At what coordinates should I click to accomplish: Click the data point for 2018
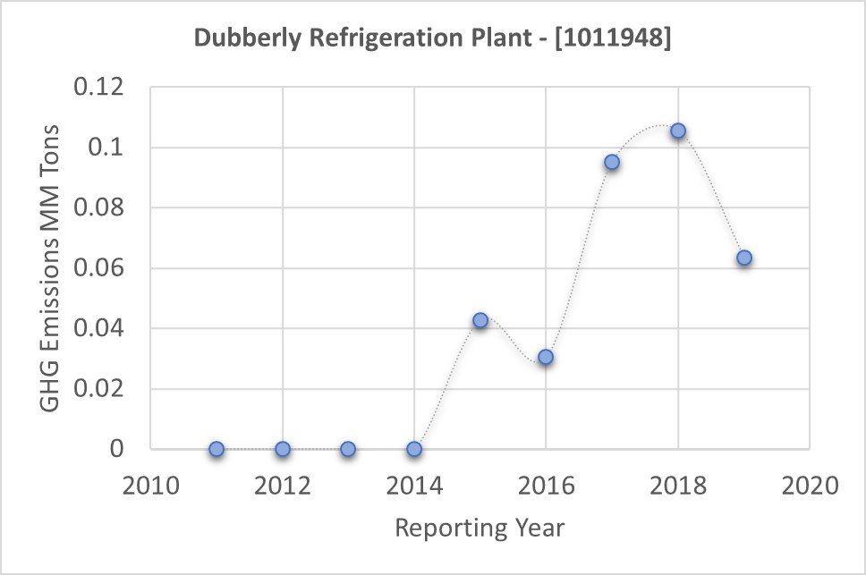(678, 131)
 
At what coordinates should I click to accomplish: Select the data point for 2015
(480, 320)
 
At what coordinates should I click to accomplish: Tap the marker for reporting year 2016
(546, 357)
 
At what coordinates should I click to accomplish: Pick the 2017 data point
(612, 162)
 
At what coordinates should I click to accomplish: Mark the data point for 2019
(743, 258)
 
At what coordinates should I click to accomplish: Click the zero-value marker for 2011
(216, 449)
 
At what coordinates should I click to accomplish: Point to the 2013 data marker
(348, 449)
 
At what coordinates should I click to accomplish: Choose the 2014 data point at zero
(414, 449)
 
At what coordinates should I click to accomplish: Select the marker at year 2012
(283, 449)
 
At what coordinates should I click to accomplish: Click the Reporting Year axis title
(480, 528)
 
